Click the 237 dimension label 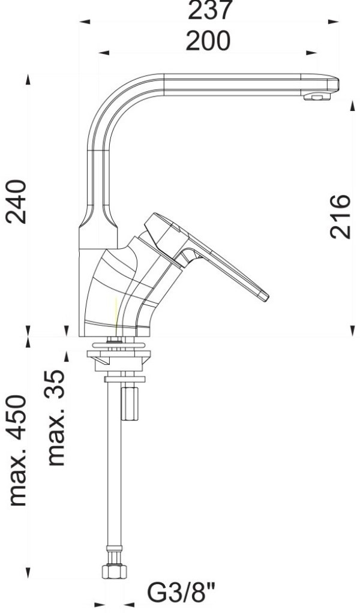click(x=210, y=10)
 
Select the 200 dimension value click(x=208, y=41)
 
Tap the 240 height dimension click(x=16, y=202)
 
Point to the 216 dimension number click(x=340, y=217)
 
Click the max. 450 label click(x=17, y=450)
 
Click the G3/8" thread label click(x=181, y=593)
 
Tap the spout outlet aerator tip click(x=317, y=97)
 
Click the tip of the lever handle click(x=266, y=298)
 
